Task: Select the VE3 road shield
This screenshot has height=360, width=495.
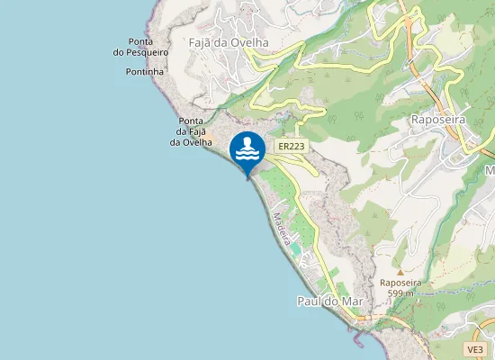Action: [x=476, y=348]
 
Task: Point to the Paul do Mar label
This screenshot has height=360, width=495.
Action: [x=328, y=302]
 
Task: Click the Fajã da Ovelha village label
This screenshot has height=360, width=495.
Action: [x=229, y=42]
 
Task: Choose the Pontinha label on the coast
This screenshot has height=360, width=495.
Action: [x=145, y=71]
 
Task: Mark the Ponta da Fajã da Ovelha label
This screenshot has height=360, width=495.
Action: [x=190, y=131]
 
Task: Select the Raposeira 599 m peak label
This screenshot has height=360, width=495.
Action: [x=400, y=287]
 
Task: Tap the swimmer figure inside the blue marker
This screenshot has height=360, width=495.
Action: [x=247, y=146]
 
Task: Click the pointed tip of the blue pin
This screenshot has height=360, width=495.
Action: [x=247, y=178]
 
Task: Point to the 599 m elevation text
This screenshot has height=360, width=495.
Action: [x=400, y=292]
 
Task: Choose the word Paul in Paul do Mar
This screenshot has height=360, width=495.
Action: [x=309, y=302]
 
